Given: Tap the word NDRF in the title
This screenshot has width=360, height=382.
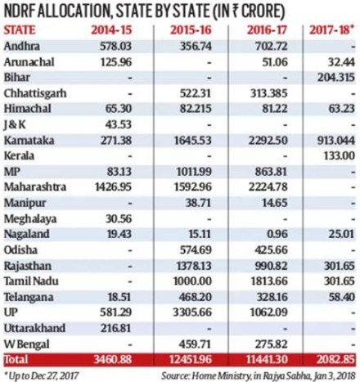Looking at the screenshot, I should [26, 11].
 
